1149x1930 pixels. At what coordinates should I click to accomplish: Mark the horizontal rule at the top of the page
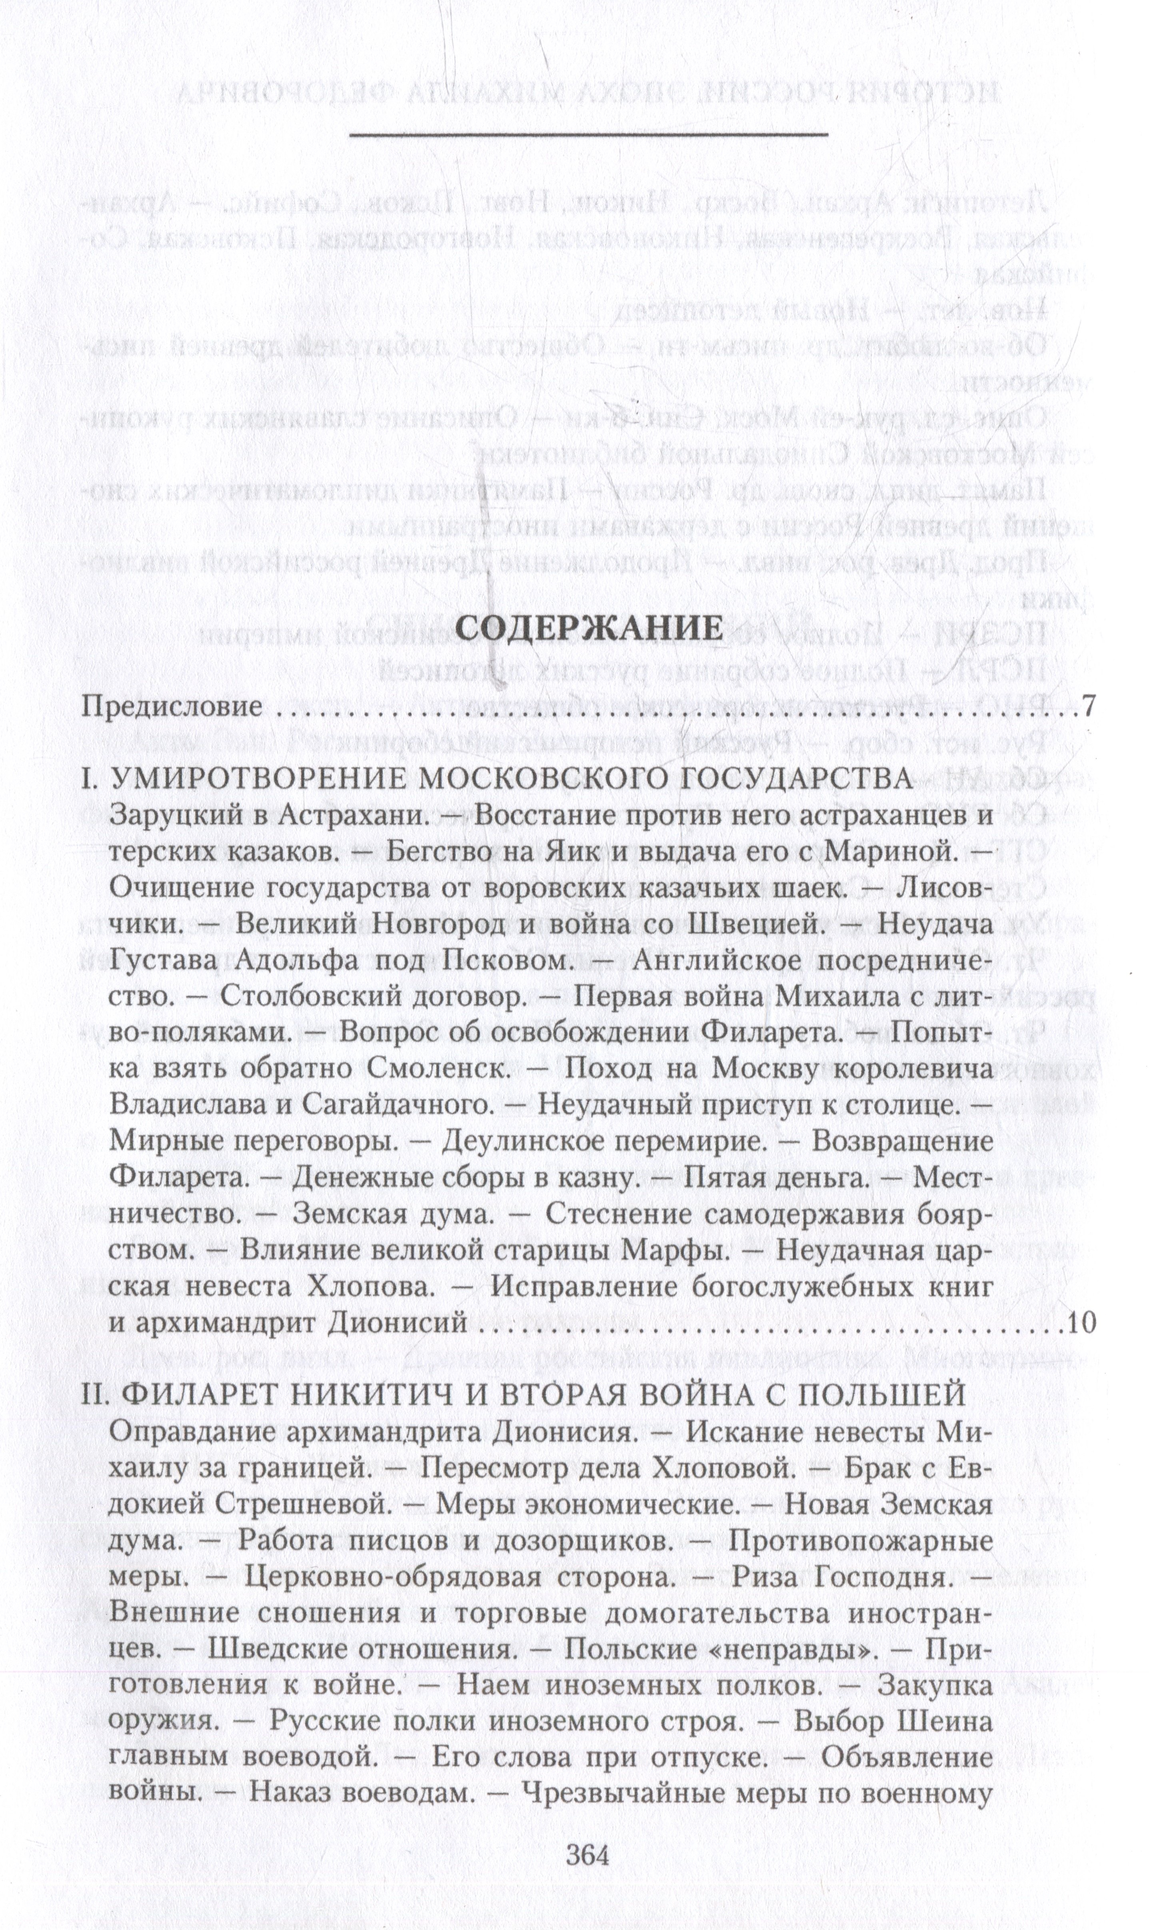pos(588,136)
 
